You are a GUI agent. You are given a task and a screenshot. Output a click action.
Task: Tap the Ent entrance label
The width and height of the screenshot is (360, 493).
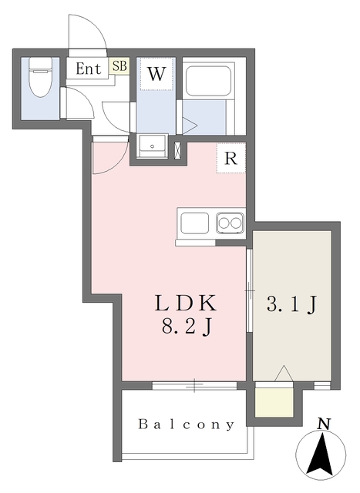89,69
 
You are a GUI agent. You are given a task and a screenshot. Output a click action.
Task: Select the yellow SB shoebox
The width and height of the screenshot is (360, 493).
119,66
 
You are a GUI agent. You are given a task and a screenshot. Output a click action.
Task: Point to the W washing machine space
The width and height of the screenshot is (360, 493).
156,74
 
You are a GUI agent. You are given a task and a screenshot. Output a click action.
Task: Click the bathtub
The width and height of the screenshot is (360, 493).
208,82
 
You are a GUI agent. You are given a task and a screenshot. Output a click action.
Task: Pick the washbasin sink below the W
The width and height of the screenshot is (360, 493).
153,146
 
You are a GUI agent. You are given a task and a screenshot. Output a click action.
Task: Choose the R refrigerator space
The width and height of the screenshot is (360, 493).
230,158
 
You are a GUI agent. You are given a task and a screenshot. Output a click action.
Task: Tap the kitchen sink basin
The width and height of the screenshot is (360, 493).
194,223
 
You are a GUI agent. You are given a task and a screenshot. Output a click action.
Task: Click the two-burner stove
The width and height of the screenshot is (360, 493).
230,223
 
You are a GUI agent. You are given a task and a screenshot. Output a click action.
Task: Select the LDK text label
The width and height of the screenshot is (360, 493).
186,303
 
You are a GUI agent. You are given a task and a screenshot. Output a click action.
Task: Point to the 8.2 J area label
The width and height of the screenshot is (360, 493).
186,326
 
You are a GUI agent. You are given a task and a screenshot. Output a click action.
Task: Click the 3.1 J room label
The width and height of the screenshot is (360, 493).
291,304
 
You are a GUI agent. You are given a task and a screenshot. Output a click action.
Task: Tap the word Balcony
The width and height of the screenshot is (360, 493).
187,424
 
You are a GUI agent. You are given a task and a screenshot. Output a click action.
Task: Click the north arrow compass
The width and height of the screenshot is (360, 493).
321,454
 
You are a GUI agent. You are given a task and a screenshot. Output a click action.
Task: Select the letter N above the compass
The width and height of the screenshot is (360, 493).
323,424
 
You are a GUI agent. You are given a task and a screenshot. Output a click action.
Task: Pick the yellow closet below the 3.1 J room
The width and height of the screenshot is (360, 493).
274,403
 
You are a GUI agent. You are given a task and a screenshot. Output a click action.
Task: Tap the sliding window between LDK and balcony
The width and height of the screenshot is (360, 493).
194,385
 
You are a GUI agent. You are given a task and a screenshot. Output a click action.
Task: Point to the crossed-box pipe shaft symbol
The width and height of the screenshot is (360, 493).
178,150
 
